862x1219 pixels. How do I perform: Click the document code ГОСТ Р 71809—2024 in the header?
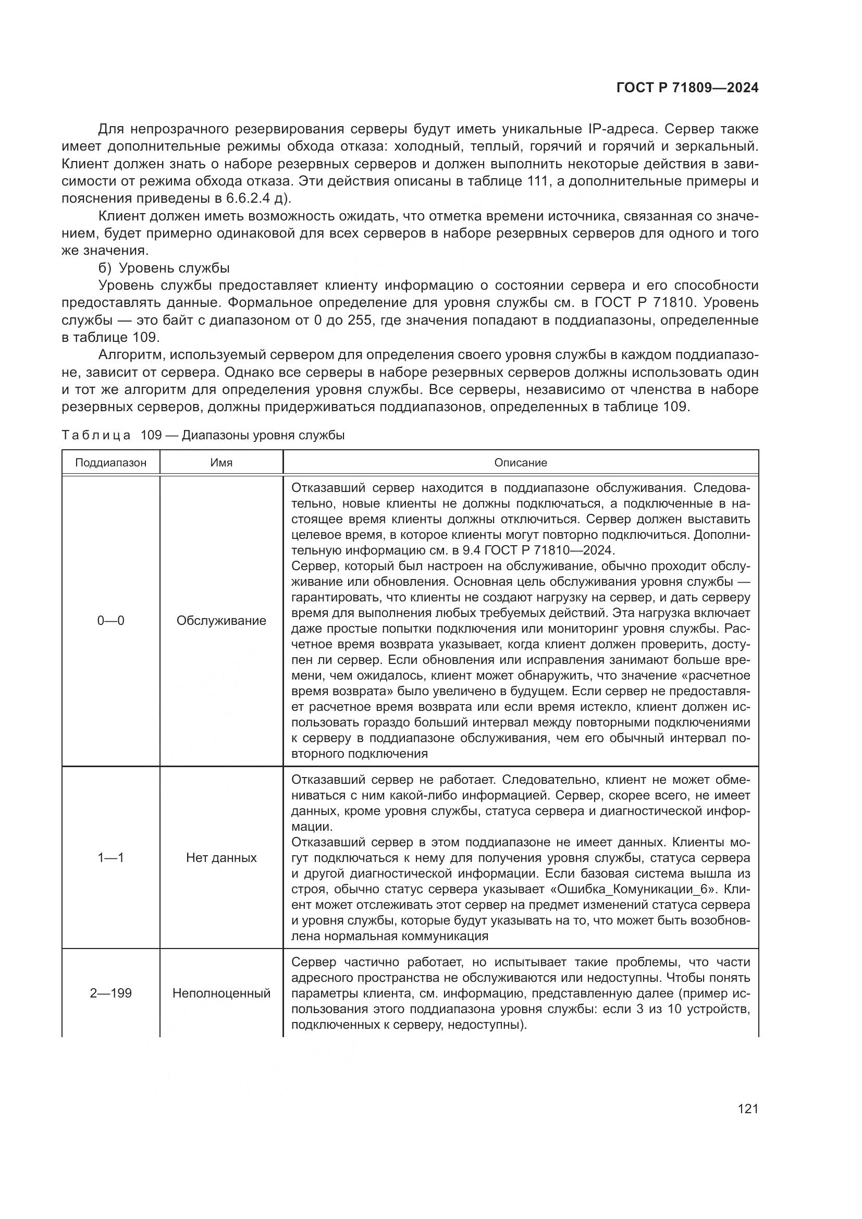687,88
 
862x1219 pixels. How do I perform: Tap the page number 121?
747,1109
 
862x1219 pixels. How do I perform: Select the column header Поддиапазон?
110,462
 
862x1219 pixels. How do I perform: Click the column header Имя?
221,462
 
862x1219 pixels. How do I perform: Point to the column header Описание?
520,462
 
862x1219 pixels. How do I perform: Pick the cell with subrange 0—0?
110,621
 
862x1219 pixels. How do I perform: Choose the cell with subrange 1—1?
110,857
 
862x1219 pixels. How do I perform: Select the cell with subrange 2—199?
110,993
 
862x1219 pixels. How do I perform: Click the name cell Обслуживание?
221,621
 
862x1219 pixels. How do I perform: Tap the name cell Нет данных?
221,857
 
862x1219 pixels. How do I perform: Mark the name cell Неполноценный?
221,993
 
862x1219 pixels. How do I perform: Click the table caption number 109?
151,435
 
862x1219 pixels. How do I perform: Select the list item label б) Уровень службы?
164,268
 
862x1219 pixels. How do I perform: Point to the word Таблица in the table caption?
96,435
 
